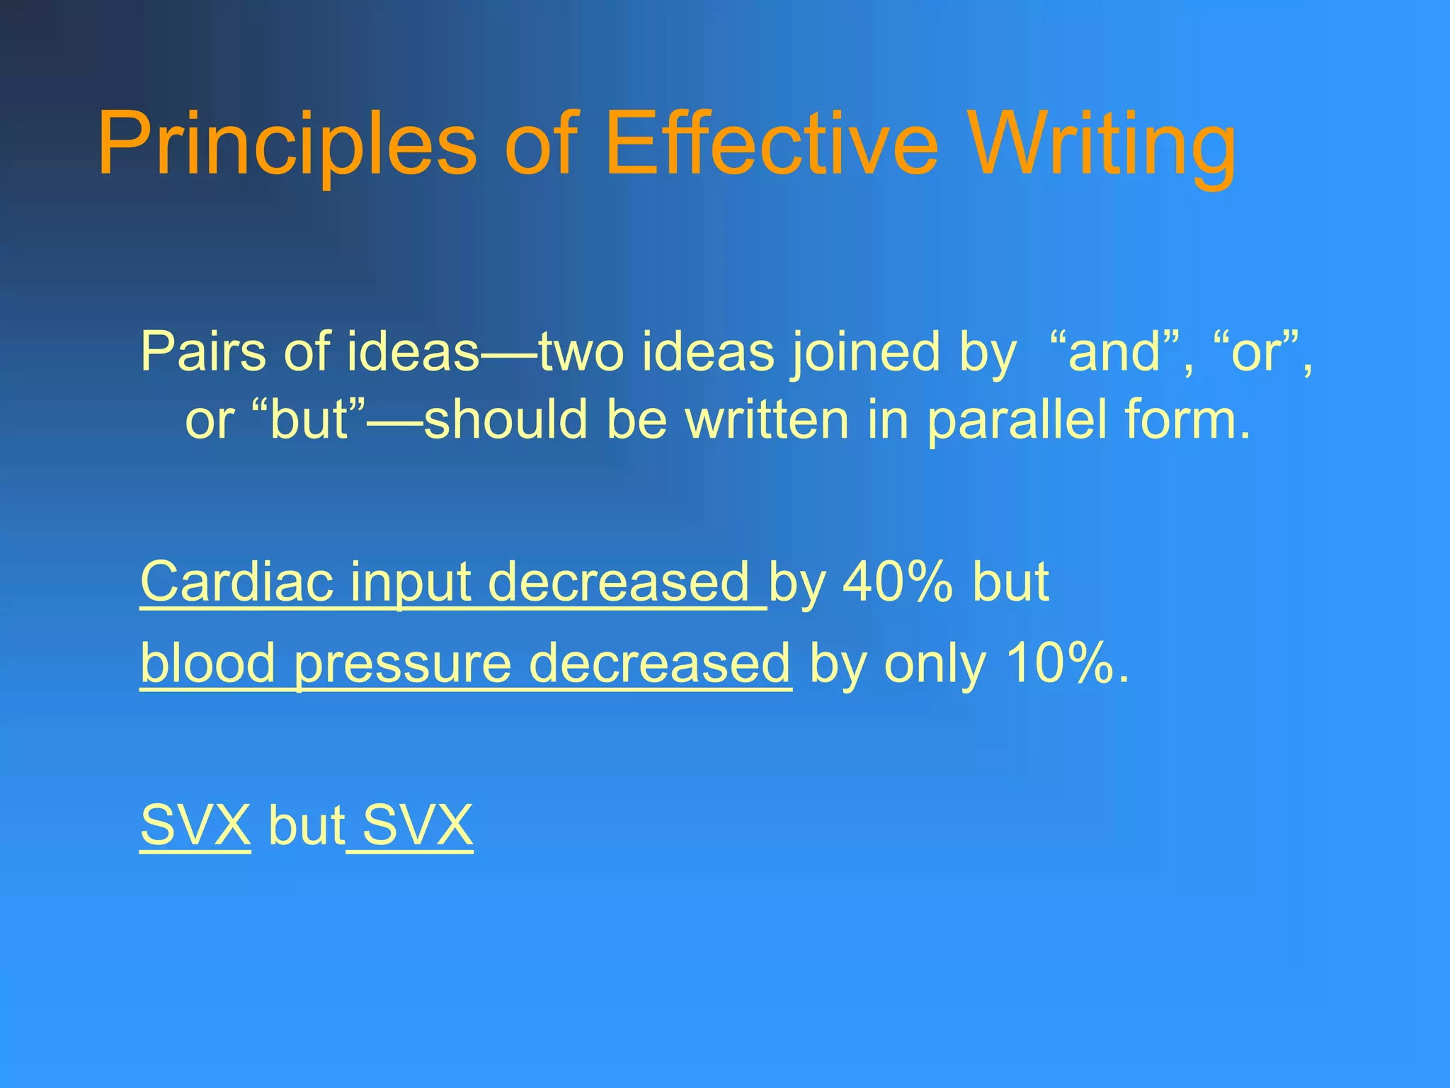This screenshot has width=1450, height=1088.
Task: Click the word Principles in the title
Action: click(x=287, y=145)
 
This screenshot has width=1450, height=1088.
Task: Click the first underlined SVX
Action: click(x=195, y=826)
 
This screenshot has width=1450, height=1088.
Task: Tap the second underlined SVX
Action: click(x=417, y=826)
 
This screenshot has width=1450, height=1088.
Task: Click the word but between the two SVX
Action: click(x=307, y=826)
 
